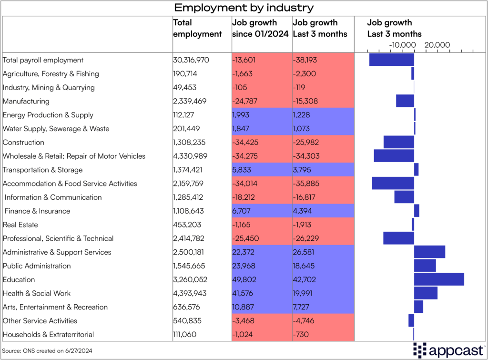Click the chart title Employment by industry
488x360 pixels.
pos(244,8)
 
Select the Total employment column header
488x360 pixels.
pos(197,28)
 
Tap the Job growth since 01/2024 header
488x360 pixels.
pos(261,28)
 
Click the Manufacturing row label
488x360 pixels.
pos(26,101)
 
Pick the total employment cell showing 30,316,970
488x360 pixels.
pos(191,60)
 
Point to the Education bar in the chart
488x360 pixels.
pos(439,279)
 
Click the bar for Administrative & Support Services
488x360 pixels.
pos(429,252)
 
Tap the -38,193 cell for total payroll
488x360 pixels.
pos(305,60)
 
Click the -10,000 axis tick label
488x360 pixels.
pos(402,45)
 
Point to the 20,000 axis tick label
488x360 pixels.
pos(437,45)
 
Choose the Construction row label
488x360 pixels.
pos(23,142)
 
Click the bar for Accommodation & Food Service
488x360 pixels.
pos(393,183)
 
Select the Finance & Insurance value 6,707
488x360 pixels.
pos(241,211)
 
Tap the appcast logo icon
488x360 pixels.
pos(421,350)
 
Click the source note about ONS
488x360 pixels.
pos(47,351)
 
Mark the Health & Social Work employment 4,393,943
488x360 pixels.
pos(191,293)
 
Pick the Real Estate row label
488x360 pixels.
pos(20,225)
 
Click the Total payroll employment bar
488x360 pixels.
pos(391,60)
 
